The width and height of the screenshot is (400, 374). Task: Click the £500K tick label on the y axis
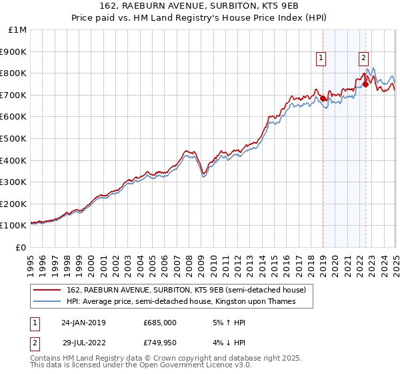tap(13, 138)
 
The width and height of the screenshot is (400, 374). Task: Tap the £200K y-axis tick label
tap(13, 204)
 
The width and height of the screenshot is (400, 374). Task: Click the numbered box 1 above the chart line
tap(321, 58)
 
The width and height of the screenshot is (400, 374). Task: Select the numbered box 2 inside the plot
tap(364, 58)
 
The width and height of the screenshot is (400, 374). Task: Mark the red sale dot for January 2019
tap(323, 98)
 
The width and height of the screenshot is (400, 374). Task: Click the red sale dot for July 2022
tap(365, 84)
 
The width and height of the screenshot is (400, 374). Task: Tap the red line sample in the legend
tap(47, 290)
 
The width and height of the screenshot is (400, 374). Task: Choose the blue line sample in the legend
tap(47, 302)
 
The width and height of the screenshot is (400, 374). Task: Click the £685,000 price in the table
tap(159, 322)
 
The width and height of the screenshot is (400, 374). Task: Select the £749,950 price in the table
tap(159, 342)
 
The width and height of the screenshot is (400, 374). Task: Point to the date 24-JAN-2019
tap(83, 322)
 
